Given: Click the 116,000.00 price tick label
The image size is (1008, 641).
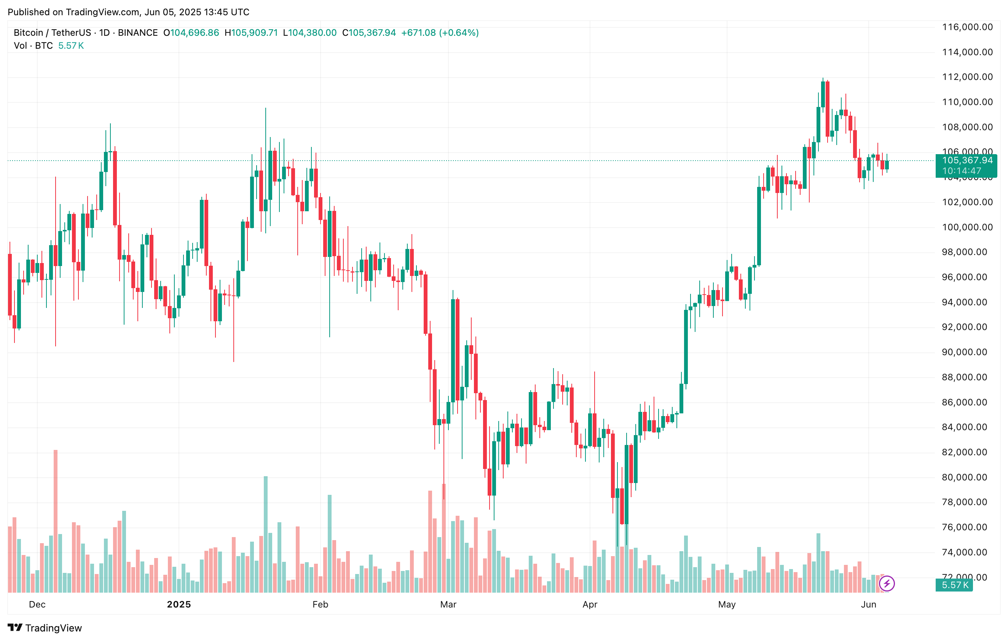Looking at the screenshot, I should click(x=967, y=27).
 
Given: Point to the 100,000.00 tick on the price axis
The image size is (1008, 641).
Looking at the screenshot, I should click(x=967, y=227).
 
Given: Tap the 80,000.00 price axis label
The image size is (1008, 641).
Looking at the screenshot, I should click(x=967, y=477).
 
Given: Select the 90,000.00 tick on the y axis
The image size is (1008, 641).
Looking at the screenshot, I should click(x=967, y=352).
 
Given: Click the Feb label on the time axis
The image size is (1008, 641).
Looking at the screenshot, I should click(x=320, y=604).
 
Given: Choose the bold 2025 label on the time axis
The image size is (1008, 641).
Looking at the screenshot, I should click(x=179, y=604).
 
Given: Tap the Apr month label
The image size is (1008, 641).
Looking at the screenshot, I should click(x=590, y=604).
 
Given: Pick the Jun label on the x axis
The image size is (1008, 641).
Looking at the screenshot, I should click(x=869, y=604).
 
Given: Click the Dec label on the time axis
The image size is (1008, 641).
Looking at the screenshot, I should click(x=37, y=604).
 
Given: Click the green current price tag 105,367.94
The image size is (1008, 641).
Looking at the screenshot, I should click(x=967, y=161).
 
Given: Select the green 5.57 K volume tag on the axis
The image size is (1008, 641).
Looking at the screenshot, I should click(x=955, y=585).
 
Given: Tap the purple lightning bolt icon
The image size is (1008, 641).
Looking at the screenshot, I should click(x=887, y=584).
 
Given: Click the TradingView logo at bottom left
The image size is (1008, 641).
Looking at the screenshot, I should click(x=45, y=628).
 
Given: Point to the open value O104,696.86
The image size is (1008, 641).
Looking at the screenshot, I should click(x=191, y=33).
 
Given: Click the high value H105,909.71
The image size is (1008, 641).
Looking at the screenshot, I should click(x=251, y=33).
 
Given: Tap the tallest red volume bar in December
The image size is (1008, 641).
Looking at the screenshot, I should click(x=55, y=521).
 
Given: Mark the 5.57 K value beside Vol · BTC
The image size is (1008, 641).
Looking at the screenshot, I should click(x=71, y=46).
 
